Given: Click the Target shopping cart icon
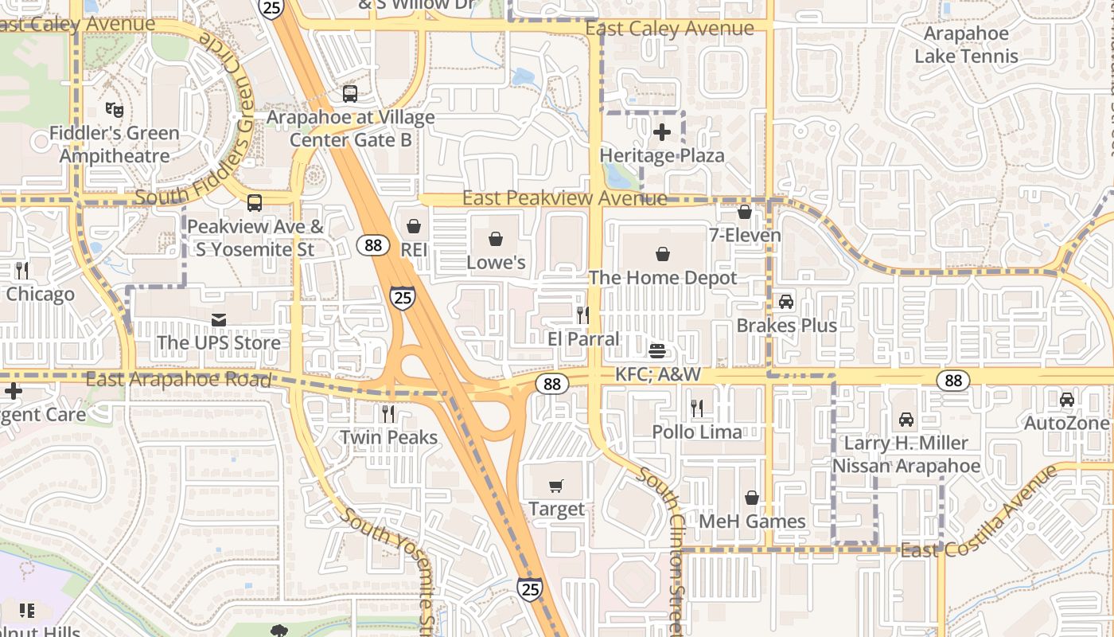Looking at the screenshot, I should click(x=556, y=486).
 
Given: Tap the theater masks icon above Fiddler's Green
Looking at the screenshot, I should click(x=115, y=109).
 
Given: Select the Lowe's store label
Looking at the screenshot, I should click(x=496, y=262).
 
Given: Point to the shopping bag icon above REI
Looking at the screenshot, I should click(x=414, y=227).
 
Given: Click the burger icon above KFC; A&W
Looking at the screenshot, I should click(x=657, y=351).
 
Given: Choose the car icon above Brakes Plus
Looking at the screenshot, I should click(x=786, y=302).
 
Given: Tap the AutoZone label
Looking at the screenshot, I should click(x=1066, y=423).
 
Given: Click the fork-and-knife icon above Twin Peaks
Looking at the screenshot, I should click(x=388, y=414).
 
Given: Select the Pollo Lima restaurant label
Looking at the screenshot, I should click(x=697, y=432).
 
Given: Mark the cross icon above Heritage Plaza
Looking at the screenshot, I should click(x=662, y=132).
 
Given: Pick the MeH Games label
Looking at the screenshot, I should click(x=752, y=521).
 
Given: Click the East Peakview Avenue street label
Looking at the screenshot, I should click(x=564, y=197).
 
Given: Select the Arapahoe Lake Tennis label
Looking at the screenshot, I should click(x=966, y=45).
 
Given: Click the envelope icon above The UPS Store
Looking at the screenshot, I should click(x=219, y=320).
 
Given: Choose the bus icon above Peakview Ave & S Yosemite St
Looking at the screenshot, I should click(x=255, y=203).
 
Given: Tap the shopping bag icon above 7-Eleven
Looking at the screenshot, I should click(x=745, y=212).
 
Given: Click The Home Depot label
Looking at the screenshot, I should click(x=663, y=278).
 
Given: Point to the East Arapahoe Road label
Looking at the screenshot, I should click(x=178, y=379).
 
